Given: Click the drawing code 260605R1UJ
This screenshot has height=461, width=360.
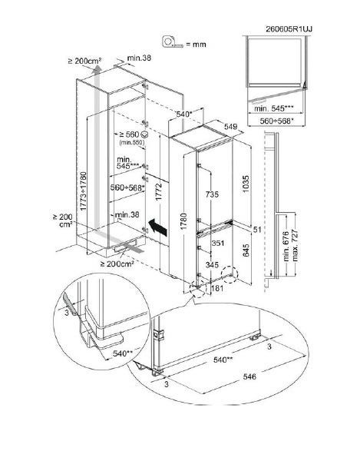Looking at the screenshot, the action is (x=289, y=29).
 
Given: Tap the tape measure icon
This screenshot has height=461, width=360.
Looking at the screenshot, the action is (x=173, y=41).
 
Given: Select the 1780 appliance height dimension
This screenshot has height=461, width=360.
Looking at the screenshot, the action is (x=183, y=221).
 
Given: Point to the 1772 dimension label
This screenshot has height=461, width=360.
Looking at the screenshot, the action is (x=159, y=191).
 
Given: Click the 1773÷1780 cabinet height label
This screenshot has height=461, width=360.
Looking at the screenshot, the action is (x=84, y=191).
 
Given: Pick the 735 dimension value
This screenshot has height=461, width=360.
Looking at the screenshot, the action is (x=212, y=194).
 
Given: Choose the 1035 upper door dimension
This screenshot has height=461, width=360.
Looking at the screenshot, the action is (x=246, y=184).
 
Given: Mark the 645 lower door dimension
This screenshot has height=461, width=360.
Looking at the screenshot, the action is (x=246, y=250).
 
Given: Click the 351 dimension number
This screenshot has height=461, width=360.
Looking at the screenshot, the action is (x=218, y=243).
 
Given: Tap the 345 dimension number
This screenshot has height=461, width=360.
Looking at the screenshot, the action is (x=212, y=265).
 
